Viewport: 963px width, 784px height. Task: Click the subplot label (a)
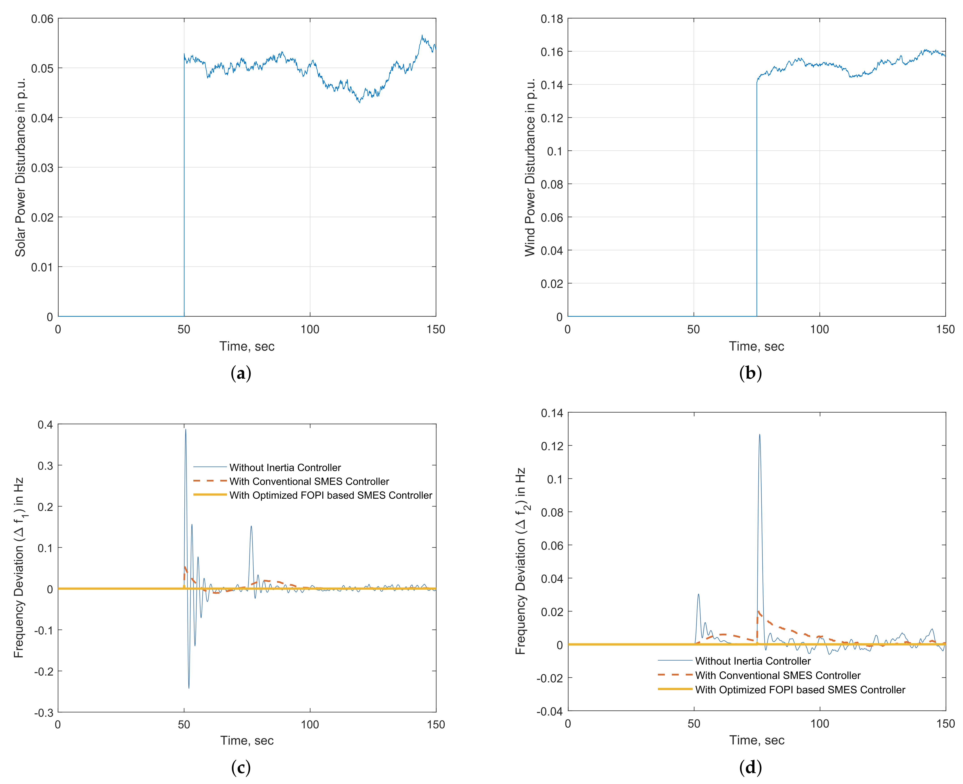241,373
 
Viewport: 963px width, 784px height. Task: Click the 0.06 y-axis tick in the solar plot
42,19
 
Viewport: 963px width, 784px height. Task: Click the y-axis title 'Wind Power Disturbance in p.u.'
530,167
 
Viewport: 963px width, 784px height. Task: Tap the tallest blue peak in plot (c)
185,430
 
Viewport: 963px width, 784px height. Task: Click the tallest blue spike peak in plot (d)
759,435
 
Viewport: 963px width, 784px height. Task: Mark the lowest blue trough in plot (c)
189,688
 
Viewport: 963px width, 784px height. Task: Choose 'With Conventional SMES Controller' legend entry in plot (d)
777,676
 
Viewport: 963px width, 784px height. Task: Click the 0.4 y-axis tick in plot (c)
45,425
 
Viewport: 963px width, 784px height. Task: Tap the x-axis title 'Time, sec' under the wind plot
757,346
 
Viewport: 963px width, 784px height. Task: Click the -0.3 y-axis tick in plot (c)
44,713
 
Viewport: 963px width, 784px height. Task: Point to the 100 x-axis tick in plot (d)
819,724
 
